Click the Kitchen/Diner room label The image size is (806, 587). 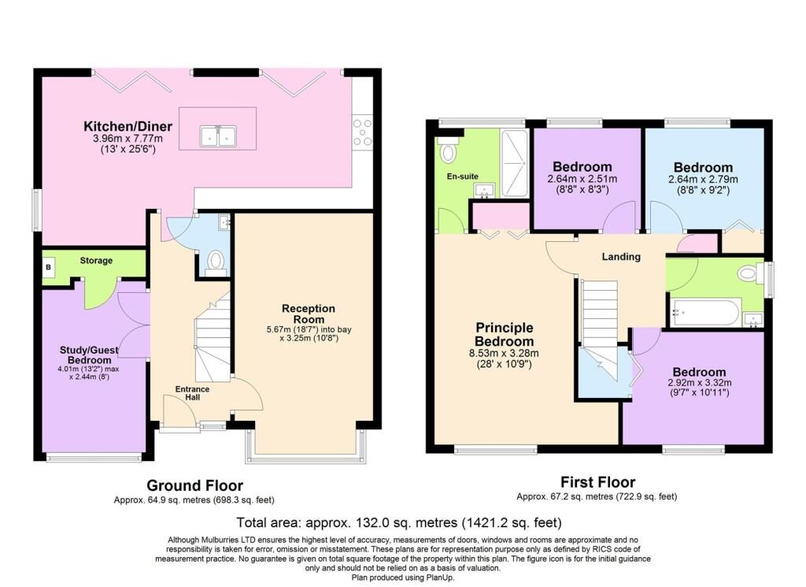(128, 126)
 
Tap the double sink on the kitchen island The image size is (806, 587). (218, 136)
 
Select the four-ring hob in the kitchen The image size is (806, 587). (362, 132)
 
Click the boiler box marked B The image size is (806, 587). (49, 267)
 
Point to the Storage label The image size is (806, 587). (96, 261)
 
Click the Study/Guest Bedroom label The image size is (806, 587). (90, 355)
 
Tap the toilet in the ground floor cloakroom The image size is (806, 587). (216, 262)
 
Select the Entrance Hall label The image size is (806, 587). (192, 393)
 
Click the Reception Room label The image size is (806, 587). (309, 314)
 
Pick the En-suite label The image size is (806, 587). (463, 176)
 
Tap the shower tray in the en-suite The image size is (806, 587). (515, 163)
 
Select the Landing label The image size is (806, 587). (621, 256)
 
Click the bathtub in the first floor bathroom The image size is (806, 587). (704, 312)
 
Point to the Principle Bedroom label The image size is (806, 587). (505, 334)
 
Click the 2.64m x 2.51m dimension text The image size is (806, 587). (582, 180)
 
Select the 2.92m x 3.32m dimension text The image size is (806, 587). (700, 383)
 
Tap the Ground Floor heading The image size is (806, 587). (195, 485)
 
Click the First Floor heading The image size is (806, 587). (598, 482)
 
